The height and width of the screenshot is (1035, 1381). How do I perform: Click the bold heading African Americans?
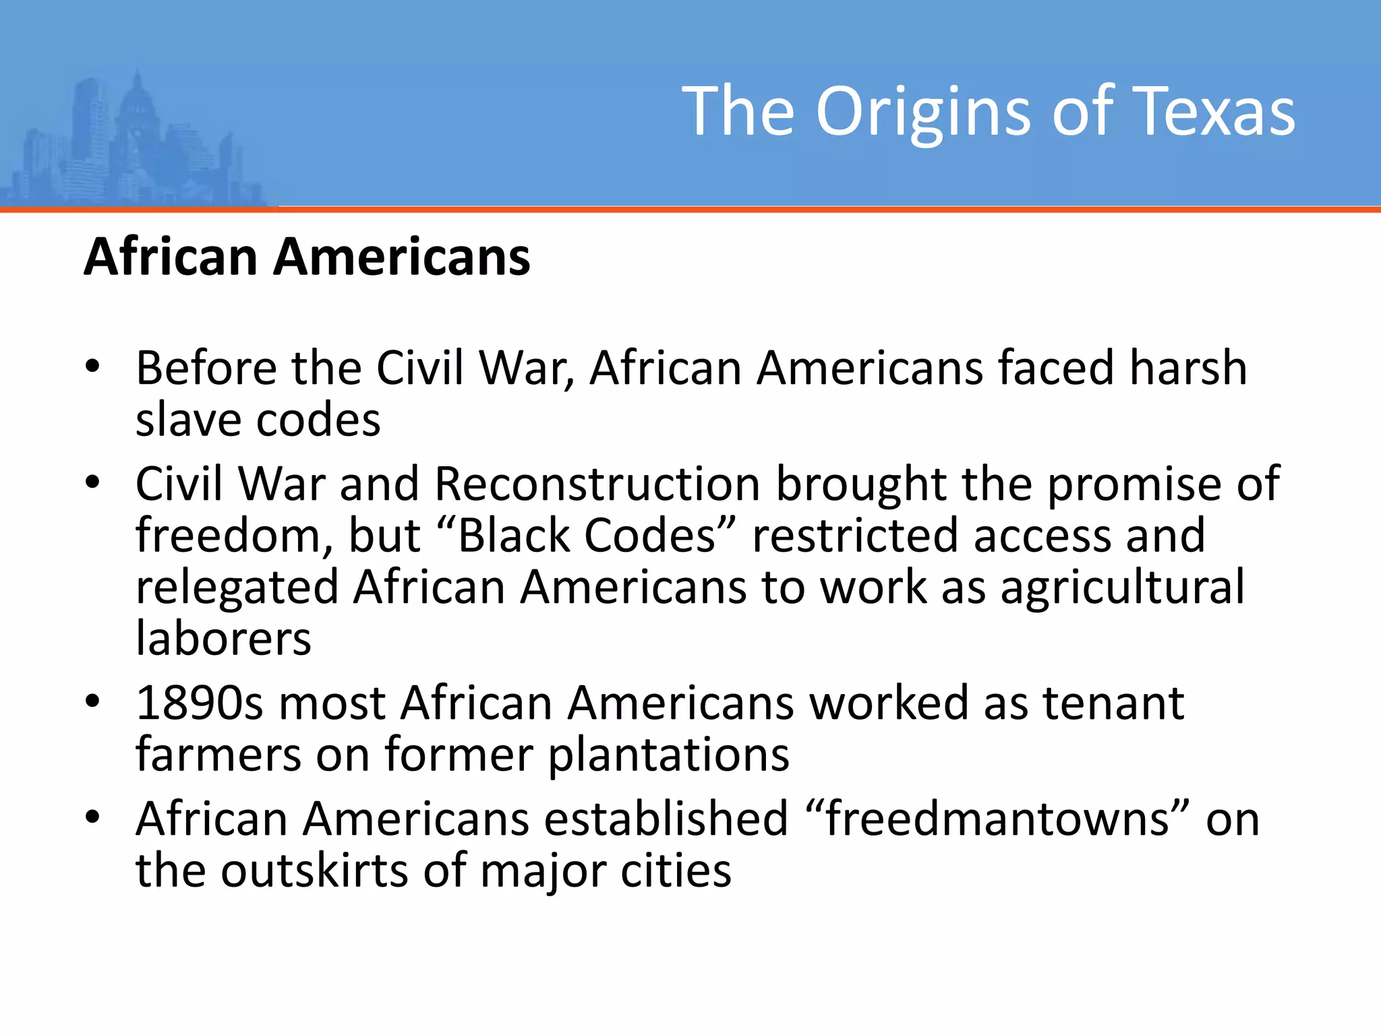(x=307, y=257)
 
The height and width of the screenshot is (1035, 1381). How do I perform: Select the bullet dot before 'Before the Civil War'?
(x=92, y=367)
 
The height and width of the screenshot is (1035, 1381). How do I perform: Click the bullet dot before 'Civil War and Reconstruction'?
(x=92, y=482)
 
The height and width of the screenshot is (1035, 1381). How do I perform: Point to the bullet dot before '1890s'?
(x=92, y=701)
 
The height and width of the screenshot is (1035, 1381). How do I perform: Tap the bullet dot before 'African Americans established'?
(x=92, y=817)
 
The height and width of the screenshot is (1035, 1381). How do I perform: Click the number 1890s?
(x=200, y=703)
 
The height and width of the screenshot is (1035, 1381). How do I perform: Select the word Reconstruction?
(x=597, y=484)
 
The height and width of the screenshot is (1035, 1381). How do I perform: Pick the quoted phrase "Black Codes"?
(x=586, y=536)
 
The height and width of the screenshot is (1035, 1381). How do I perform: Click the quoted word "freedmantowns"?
(x=997, y=819)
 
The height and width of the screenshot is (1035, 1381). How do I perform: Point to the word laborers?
(x=223, y=638)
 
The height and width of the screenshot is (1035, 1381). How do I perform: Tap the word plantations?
(x=668, y=755)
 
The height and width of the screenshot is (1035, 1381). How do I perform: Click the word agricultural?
(x=1122, y=587)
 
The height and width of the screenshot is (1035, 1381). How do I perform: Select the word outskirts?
(x=314, y=870)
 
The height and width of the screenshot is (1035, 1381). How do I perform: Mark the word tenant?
(x=1113, y=703)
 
